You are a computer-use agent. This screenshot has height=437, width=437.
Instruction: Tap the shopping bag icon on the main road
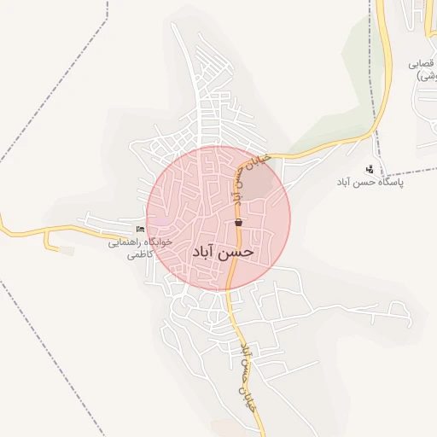tap(237, 224)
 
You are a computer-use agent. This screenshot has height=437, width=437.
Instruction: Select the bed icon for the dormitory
tap(141, 230)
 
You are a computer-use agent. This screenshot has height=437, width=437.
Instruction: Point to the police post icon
tap(369, 169)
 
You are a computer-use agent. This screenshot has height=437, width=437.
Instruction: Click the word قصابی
tap(423, 64)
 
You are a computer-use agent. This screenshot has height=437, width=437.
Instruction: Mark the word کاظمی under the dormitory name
tap(139, 254)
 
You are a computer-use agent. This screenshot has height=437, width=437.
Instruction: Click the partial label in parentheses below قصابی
tap(425, 77)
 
